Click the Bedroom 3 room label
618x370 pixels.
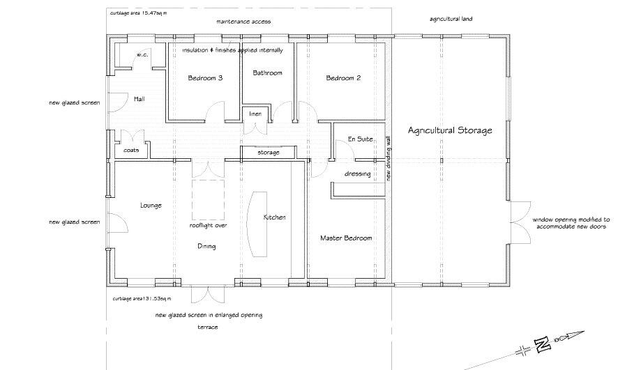[205, 78]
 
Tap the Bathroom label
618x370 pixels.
[267, 73]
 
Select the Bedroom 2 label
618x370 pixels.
[343, 78]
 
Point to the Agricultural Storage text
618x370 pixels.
[450, 130]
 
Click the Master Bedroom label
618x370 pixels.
[346, 238]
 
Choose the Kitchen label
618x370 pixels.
[274, 218]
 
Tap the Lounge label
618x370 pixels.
[151, 206]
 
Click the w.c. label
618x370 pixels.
[140, 54]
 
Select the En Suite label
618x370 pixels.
[359, 139]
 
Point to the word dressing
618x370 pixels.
[357, 174]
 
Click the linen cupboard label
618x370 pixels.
[255, 114]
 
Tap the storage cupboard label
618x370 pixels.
[269, 153]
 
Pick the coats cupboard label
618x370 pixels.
[131, 151]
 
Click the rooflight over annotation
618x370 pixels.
[209, 226]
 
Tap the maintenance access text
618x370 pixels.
[243, 22]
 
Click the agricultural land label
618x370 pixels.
[451, 19]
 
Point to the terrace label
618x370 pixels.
[207, 327]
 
